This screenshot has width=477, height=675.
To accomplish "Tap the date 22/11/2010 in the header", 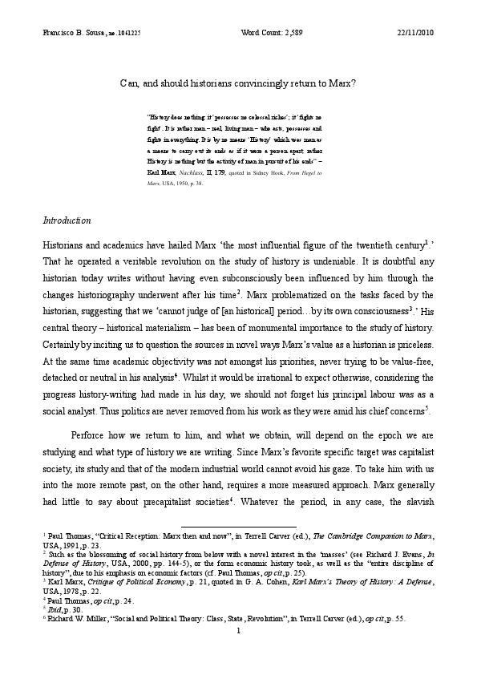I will click(x=418, y=31).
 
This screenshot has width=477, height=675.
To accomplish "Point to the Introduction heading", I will click(x=66, y=220).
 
